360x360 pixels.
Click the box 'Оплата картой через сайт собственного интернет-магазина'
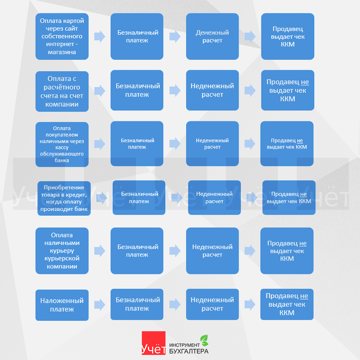click(62, 36)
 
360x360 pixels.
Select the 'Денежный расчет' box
click(212, 36)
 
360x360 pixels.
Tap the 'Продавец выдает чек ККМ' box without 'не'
click(288, 36)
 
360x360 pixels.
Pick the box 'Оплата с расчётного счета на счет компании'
click(62, 91)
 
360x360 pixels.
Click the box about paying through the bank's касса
click(62, 144)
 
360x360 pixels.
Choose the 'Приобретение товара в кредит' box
click(64, 198)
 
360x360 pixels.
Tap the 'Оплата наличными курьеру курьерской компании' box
click(62, 251)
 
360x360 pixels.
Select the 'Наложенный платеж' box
click(62, 305)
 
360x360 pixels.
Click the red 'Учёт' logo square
click(154, 343)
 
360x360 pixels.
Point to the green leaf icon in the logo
click(204, 340)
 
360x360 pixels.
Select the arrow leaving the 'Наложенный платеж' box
click(100, 305)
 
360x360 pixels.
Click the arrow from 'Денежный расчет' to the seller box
click(250, 36)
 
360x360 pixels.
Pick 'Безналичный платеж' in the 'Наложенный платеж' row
click(137, 304)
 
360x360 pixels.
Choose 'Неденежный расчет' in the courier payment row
click(212, 251)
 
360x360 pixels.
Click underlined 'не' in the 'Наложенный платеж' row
click(304, 296)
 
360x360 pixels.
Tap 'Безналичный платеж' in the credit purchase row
click(139, 198)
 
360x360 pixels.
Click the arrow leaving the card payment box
click(100, 36)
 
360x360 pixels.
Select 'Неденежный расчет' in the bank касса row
click(212, 144)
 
